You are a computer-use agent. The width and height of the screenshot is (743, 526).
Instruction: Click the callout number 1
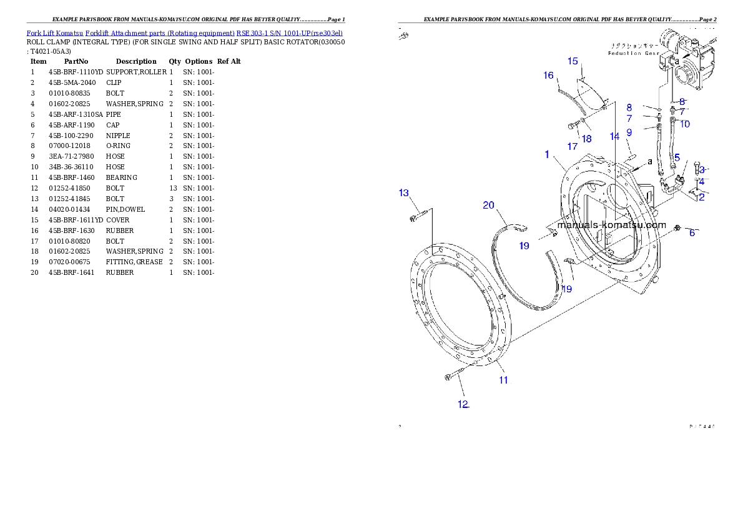(546, 154)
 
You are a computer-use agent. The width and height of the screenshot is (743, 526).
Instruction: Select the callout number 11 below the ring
(503, 380)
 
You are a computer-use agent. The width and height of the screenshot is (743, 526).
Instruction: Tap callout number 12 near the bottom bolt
(463, 404)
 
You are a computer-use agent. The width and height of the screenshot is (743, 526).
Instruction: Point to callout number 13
(404, 192)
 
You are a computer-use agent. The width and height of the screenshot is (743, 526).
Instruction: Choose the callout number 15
(573, 61)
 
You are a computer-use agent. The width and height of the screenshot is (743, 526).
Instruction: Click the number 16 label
(548, 76)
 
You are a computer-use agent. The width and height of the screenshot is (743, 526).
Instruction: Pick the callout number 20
(488, 205)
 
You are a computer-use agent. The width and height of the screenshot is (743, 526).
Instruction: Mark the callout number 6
(692, 233)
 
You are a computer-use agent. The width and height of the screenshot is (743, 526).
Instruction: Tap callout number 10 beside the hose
(685, 124)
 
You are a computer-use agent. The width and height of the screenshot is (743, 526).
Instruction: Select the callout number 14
(615, 136)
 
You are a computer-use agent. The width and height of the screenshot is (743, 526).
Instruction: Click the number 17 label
(573, 146)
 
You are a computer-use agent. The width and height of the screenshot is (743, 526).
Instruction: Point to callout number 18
(587, 139)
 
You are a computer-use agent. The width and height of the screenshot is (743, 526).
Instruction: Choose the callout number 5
(677, 157)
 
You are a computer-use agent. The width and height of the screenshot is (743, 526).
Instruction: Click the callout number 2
(701, 197)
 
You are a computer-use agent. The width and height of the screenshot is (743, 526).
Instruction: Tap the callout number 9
(629, 132)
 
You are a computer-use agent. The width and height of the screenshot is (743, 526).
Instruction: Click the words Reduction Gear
(633, 54)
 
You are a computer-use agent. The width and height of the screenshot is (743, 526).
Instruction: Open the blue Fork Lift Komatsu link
(184, 32)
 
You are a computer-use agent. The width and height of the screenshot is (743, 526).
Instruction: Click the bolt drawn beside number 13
(418, 217)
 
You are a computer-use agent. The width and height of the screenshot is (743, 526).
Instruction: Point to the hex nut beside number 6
(677, 227)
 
